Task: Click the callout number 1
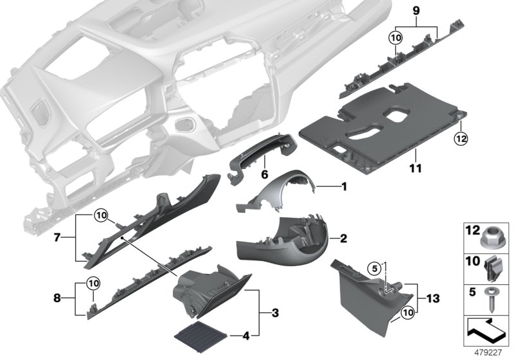(344, 187)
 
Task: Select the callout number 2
(344, 239)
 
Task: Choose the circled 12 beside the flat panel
(459, 138)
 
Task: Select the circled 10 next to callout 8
(94, 281)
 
